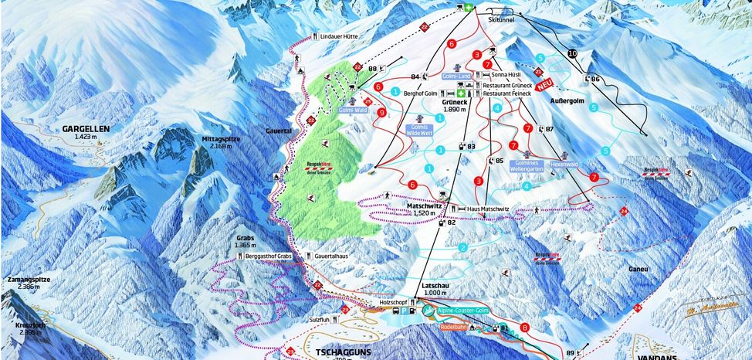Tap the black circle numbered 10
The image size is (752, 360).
pyautogui.click(x=572, y=53)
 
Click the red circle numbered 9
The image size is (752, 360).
pyautogui.click(x=382, y=113)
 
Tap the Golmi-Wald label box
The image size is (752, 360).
pyautogui.click(x=351, y=110)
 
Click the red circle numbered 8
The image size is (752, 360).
pyautogui.click(x=525, y=328)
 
